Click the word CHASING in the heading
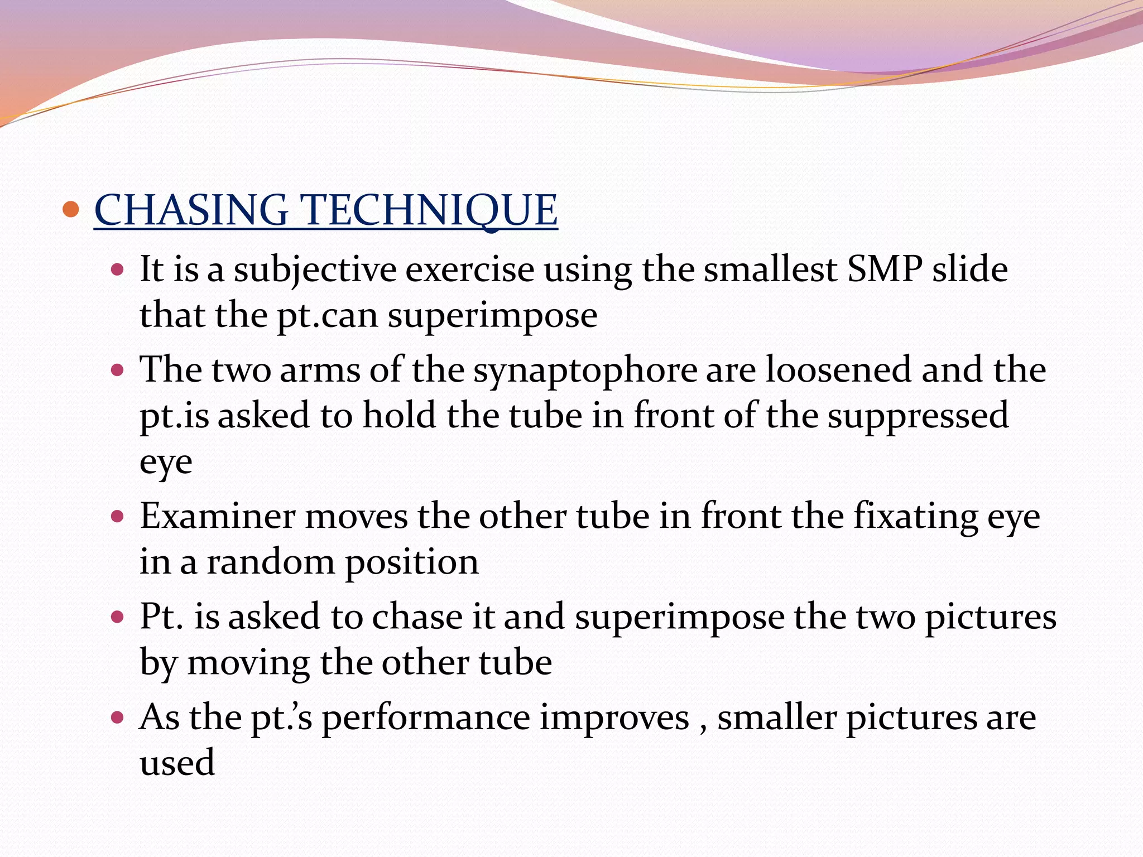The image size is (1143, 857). [191, 210]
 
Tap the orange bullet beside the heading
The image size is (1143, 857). [70, 209]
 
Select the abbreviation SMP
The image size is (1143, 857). [885, 269]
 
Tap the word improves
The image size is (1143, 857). [614, 719]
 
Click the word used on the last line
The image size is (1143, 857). [177, 763]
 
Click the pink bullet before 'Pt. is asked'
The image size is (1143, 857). [117, 617]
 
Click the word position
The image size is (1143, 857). [411, 563]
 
